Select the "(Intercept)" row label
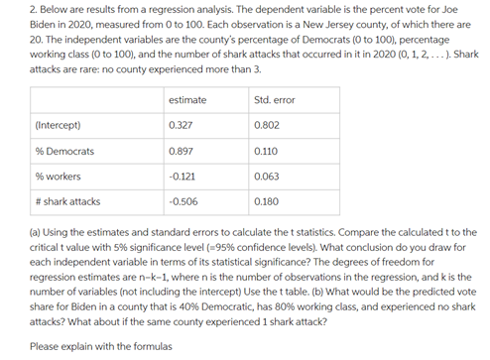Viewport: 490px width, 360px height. click(58, 126)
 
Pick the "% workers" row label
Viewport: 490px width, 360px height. click(57, 176)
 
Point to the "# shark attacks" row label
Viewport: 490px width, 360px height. click(67, 200)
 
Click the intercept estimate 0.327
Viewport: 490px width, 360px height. click(181, 126)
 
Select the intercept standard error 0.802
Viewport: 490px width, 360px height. click(266, 126)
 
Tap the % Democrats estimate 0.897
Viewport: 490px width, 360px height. click(181, 151)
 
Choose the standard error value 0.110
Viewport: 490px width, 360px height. click(266, 151)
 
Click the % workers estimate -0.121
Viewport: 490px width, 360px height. click(182, 176)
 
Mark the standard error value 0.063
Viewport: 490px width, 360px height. click(266, 176)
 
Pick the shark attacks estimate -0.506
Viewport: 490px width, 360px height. click(183, 200)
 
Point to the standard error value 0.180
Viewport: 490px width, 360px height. click(266, 200)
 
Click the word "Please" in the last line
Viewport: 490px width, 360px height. click(44, 346)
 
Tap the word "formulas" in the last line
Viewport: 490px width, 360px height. click(150, 346)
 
